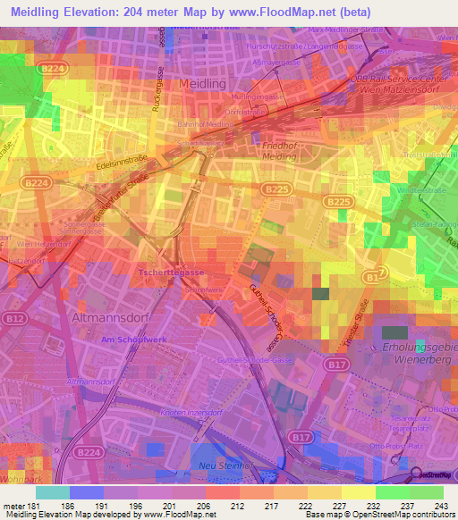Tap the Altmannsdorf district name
[103, 317]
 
